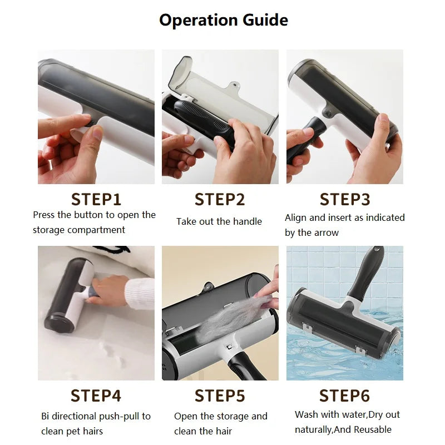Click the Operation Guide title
click(223, 21)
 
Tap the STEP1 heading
click(96, 199)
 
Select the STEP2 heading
click(220, 199)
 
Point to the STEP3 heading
click(344, 199)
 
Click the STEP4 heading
click(96, 395)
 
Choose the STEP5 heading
click(220, 395)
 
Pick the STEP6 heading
click(344, 395)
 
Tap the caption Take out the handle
click(219, 221)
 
